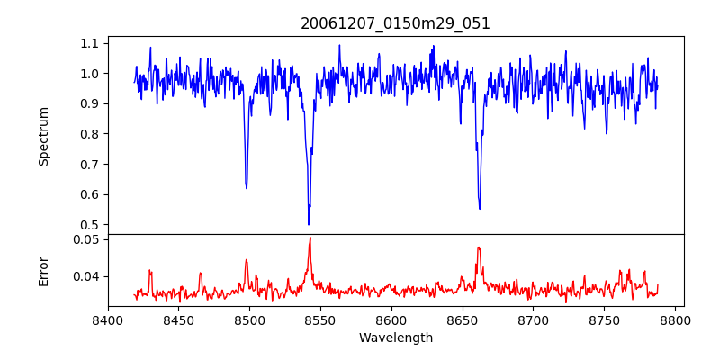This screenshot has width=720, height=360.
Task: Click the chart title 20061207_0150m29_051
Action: click(395, 23)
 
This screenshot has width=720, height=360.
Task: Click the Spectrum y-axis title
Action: click(43, 136)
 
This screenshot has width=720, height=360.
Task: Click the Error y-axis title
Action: click(43, 271)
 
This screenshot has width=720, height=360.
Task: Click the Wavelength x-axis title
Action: click(395, 338)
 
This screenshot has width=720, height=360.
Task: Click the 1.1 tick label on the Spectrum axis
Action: click(90, 43)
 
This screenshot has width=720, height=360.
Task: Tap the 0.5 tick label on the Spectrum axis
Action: click(90, 225)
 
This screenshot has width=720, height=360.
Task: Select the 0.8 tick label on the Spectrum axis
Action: click(90, 134)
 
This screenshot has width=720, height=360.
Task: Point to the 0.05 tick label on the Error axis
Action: click(86, 239)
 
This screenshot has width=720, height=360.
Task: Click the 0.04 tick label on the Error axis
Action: click(86, 276)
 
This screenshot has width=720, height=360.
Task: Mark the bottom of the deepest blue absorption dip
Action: click(309, 224)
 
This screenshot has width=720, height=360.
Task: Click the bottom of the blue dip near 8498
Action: click(247, 187)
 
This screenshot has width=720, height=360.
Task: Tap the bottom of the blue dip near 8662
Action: click(480, 209)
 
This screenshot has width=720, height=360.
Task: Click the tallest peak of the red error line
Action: click(310, 238)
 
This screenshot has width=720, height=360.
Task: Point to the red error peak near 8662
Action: click(479, 247)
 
